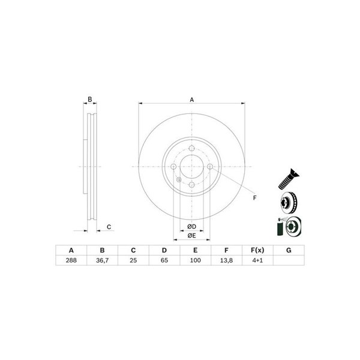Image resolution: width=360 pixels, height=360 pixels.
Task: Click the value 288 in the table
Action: point(71,260)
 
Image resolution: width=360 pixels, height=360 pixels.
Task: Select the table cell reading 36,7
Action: point(102,260)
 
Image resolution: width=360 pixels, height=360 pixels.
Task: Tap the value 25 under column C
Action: point(133,260)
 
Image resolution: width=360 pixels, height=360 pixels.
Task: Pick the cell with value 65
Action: point(164,260)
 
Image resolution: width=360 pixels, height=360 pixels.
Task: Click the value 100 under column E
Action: point(196,260)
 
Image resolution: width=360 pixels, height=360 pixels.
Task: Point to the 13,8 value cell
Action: point(226,260)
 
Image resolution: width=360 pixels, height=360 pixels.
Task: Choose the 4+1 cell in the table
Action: point(257,260)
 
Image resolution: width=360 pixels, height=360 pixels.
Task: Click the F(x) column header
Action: point(257,250)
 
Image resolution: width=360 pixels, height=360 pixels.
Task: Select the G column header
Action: point(289,250)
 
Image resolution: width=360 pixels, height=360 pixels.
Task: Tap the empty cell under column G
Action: point(289,260)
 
